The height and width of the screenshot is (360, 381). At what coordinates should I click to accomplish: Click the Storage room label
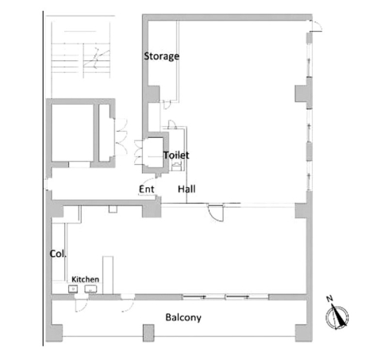click(x=161, y=56)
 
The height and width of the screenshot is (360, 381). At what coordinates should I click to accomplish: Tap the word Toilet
click(x=176, y=155)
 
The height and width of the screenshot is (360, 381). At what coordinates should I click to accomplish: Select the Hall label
click(x=187, y=189)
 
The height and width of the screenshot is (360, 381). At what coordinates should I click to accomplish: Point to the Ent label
click(x=147, y=189)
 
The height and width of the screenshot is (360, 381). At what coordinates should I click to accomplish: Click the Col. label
click(x=58, y=254)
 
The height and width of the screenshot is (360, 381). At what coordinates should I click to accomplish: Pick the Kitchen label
click(x=85, y=279)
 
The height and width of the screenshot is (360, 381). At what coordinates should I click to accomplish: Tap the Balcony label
click(x=183, y=317)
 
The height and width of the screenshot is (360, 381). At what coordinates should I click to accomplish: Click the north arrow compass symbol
click(x=337, y=317)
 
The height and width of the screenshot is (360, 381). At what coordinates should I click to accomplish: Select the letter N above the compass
click(x=329, y=299)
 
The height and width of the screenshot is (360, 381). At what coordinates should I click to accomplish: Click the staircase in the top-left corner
click(x=81, y=57)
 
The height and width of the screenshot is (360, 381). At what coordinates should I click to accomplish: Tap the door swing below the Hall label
click(x=217, y=212)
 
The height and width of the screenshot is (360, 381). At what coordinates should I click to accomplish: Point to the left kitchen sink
click(x=73, y=289)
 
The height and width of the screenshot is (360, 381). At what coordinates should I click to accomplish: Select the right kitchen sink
click(x=90, y=289)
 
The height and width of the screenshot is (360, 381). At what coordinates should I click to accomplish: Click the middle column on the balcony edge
click(x=148, y=333)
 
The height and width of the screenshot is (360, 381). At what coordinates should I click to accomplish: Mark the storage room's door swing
click(x=167, y=105)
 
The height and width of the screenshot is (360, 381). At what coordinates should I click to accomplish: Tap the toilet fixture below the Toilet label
click(x=176, y=167)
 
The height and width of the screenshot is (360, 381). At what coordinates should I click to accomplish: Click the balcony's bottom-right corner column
click(x=303, y=333)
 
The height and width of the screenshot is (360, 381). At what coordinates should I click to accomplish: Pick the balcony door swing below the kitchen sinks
click(x=81, y=305)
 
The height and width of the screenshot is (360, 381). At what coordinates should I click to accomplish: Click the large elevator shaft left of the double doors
click(x=72, y=132)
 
